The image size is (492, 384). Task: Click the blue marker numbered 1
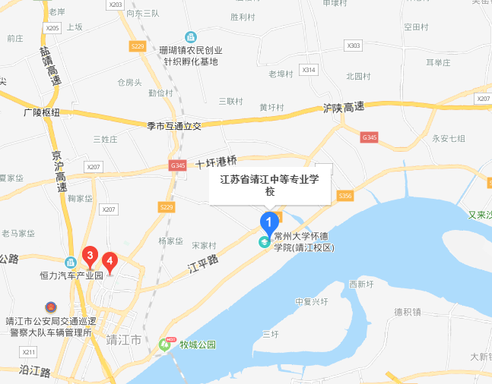tap(268, 222)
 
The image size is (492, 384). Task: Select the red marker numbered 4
tap(110, 263)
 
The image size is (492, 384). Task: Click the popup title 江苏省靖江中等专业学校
tap(270, 185)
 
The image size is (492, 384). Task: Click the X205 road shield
tap(52, 28)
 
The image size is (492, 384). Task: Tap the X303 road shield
tap(354, 46)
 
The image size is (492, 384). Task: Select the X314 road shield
tap(308, 70)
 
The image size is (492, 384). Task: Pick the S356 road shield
tap(346, 196)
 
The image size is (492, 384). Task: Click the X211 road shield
tap(29, 352)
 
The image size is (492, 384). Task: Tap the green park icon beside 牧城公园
tap(165, 344)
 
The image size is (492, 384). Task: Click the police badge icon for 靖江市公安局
tap(50, 307)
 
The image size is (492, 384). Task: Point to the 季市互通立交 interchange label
tap(173, 126)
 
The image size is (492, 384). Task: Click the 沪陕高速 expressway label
tap(344, 109)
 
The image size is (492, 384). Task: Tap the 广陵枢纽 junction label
tap(41, 112)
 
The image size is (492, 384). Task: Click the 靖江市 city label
tap(123, 339)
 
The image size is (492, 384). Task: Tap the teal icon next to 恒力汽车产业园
tap(70, 261)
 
